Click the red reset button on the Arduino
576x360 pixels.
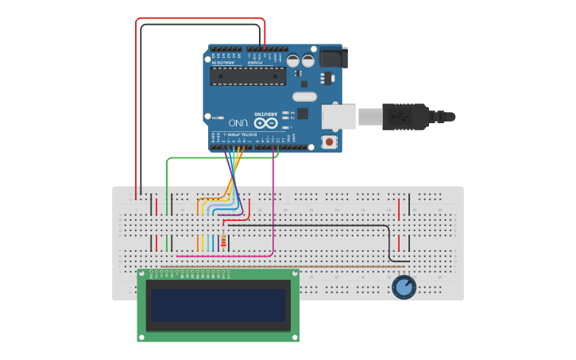pos(329,142)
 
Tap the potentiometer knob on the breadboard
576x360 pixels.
pos(404,287)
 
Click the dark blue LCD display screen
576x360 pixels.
pos(218,304)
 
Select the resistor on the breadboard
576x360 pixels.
pos(223,242)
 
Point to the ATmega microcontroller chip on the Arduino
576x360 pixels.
pos(247,75)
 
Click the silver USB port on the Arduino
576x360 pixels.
pos(338,116)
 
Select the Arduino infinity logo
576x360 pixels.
pos(267,123)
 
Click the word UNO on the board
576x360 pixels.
pos(238,123)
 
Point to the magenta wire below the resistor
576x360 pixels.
pos(222,257)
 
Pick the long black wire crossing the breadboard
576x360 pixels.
pos(318,225)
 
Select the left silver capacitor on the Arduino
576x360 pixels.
pos(293,60)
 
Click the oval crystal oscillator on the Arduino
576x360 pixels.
pos(304,97)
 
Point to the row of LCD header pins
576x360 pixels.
pos(191,273)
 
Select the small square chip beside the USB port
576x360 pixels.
pos(303,114)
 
